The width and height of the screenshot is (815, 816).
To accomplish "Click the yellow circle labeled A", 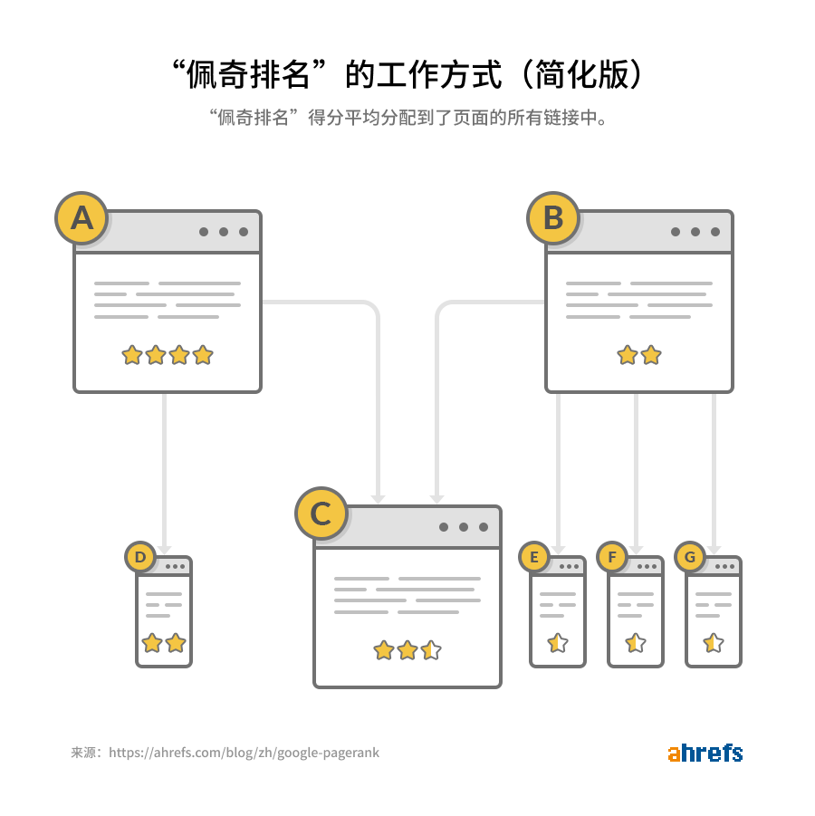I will [x=81, y=218].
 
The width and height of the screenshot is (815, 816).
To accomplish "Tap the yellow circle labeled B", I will [x=553, y=218].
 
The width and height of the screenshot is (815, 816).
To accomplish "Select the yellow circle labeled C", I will [x=321, y=514].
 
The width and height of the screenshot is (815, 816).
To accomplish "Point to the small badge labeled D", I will [x=140, y=558].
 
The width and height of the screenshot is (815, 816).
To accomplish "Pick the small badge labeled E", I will [x=534, y=558].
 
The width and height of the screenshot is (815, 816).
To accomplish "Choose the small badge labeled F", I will [x=613, y=558].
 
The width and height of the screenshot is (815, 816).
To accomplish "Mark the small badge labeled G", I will [x=690, y=558].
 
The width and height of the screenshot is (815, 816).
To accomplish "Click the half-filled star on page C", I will [x=431, y=650].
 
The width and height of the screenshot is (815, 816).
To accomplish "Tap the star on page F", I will [x=636, y=643].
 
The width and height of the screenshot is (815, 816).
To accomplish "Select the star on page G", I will [x=714, y=643].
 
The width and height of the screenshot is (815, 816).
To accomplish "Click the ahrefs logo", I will [x=705, y=753].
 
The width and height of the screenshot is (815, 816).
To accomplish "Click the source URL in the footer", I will [x=244, y=753].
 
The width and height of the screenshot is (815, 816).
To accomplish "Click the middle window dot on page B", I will [x=695, y=232].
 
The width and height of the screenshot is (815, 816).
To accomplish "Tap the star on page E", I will [x=558, y=643].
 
